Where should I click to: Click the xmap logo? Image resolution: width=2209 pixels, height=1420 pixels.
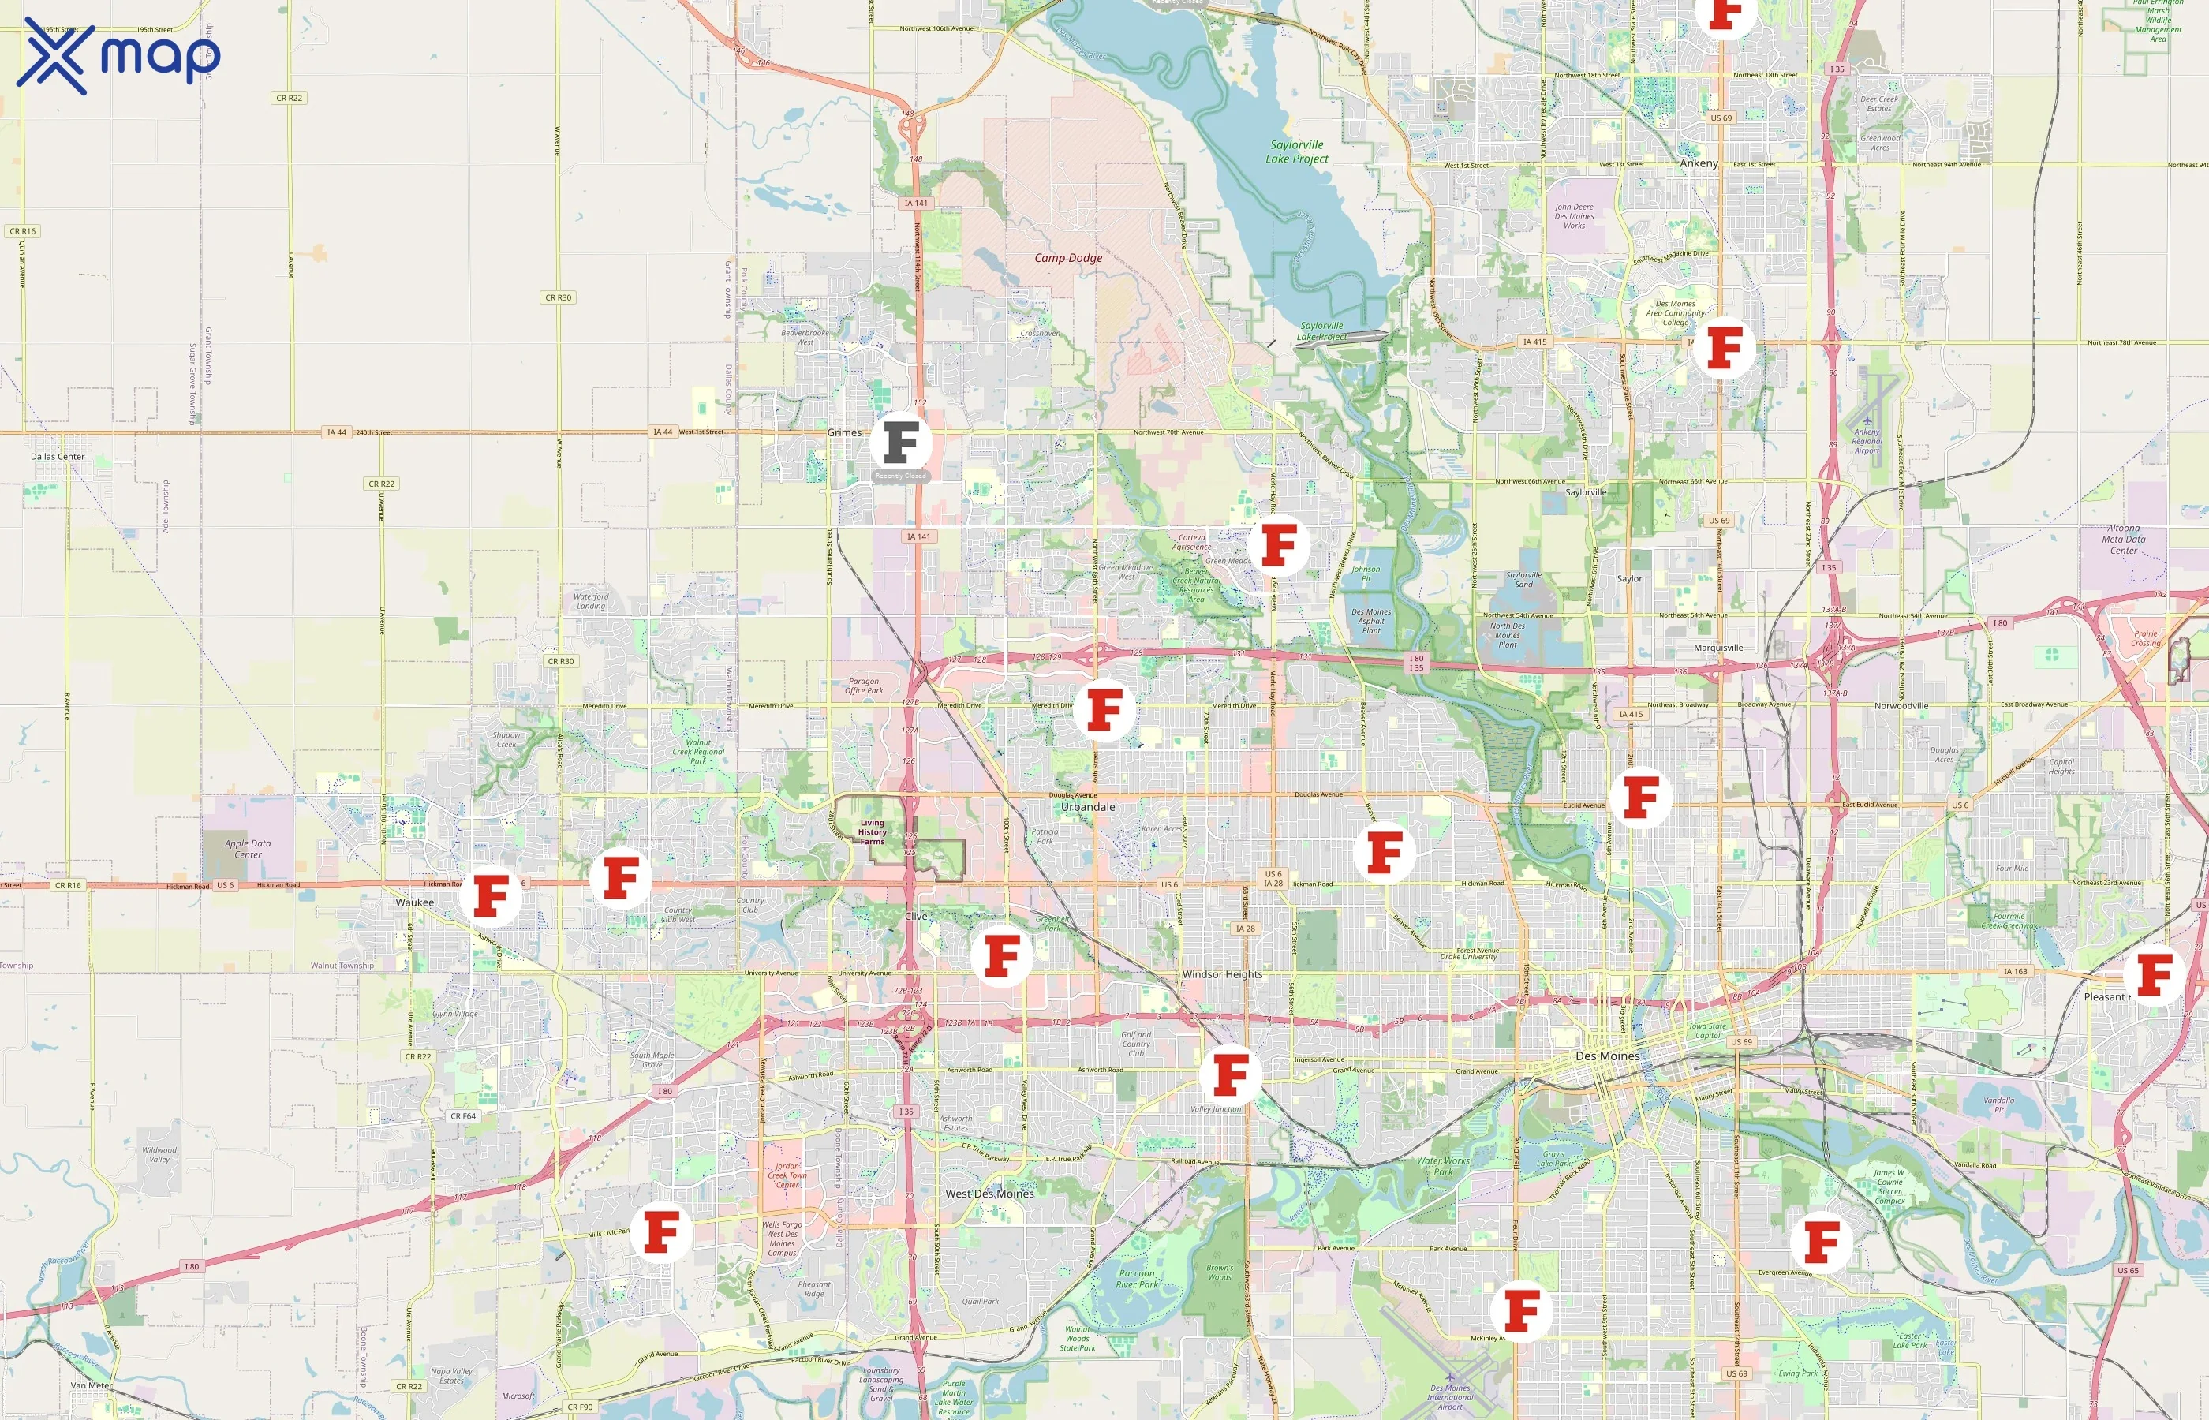coord(118,55)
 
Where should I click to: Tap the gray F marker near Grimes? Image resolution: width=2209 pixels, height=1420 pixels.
coord(901,443)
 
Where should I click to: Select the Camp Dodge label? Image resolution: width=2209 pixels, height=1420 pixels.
coord(1067,258)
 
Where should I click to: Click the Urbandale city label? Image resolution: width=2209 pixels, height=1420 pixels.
coord(1088,807)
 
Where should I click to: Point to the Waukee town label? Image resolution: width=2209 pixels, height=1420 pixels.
coord(414,902)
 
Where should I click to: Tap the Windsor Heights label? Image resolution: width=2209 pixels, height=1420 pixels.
coord(1221,974)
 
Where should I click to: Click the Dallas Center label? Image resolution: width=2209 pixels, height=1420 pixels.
coord(57,457)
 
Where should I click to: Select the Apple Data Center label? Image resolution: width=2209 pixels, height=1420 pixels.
coord(248,849)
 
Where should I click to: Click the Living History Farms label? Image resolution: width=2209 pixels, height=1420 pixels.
coord(873,831)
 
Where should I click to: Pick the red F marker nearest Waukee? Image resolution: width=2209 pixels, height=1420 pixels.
coord(491,895)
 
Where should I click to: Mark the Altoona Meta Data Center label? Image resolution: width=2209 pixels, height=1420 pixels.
coord(2123,540)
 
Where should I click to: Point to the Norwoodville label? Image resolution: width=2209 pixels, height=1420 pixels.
coord(1901,706)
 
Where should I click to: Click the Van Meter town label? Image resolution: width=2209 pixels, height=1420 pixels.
coord(92,1386)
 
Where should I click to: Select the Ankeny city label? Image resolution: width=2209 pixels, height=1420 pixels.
coord(1699,163)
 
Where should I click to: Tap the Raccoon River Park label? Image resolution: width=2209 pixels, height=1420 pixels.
coord(1137,1279)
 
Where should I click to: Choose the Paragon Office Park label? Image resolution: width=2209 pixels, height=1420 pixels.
coord(863,686)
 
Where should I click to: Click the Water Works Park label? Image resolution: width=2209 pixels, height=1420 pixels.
coord(1443,1167)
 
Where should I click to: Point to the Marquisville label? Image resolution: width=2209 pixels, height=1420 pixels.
coord(1717,648)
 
